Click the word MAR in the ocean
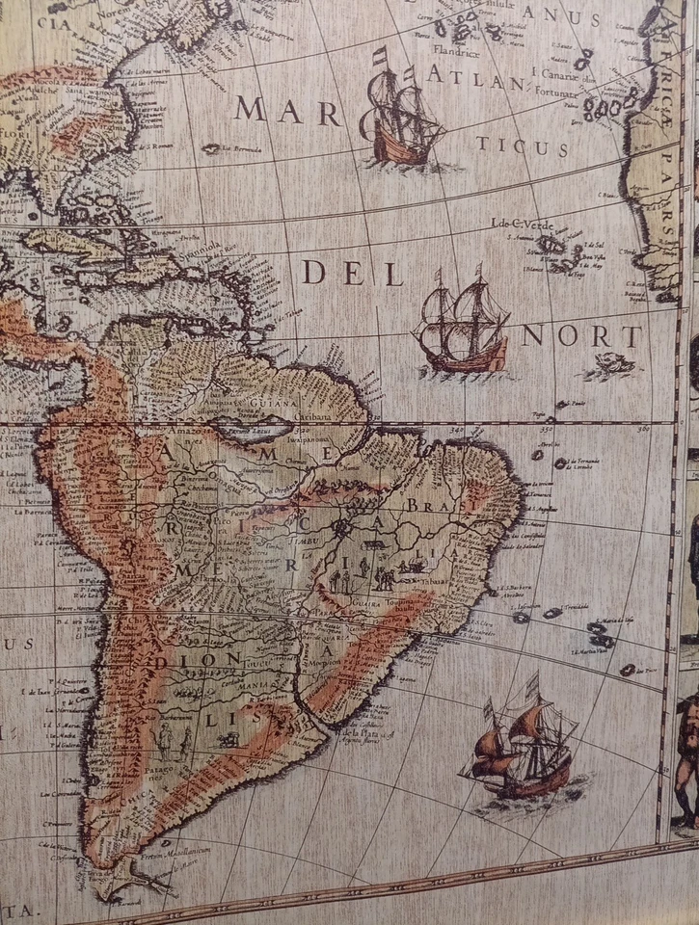pos(288,111)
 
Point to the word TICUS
pos(521,145)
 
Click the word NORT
pos(581,336)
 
